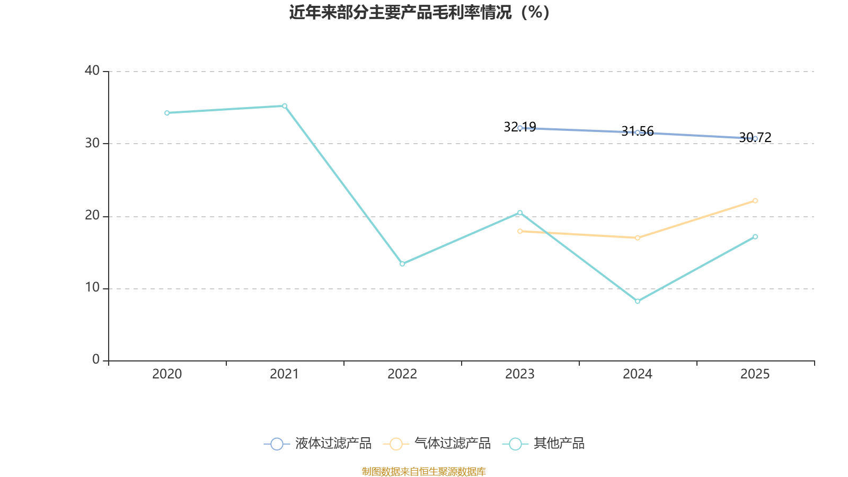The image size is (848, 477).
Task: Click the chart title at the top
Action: (419, 13)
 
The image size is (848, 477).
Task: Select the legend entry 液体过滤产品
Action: (317, 443)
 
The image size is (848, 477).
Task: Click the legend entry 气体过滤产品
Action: (437, 443)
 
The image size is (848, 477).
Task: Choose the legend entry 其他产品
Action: (543, 443)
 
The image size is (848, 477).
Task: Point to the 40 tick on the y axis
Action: (92, 71)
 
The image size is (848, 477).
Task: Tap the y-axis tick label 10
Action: (92, 288)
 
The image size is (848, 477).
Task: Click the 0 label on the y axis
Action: (96, 360)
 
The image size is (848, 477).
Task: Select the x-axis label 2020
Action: (167, 374)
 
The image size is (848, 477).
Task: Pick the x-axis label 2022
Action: (402, 374)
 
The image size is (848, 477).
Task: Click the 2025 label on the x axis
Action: (755, 374)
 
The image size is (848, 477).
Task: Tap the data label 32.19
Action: (520, 127)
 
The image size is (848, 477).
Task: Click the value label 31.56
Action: (638, 131)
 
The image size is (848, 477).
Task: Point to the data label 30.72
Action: (755, 137)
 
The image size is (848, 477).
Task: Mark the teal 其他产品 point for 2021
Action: (285, 106)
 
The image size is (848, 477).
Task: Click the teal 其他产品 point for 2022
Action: (402, 264)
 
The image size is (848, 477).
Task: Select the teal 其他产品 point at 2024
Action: (638, 302)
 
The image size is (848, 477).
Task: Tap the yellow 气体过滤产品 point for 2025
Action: (755, 201)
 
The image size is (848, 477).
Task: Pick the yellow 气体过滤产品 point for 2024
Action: (638, 238)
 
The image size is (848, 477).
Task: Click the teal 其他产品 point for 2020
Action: (167, 113)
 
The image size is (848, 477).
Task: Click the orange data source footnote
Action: (423, 472)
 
